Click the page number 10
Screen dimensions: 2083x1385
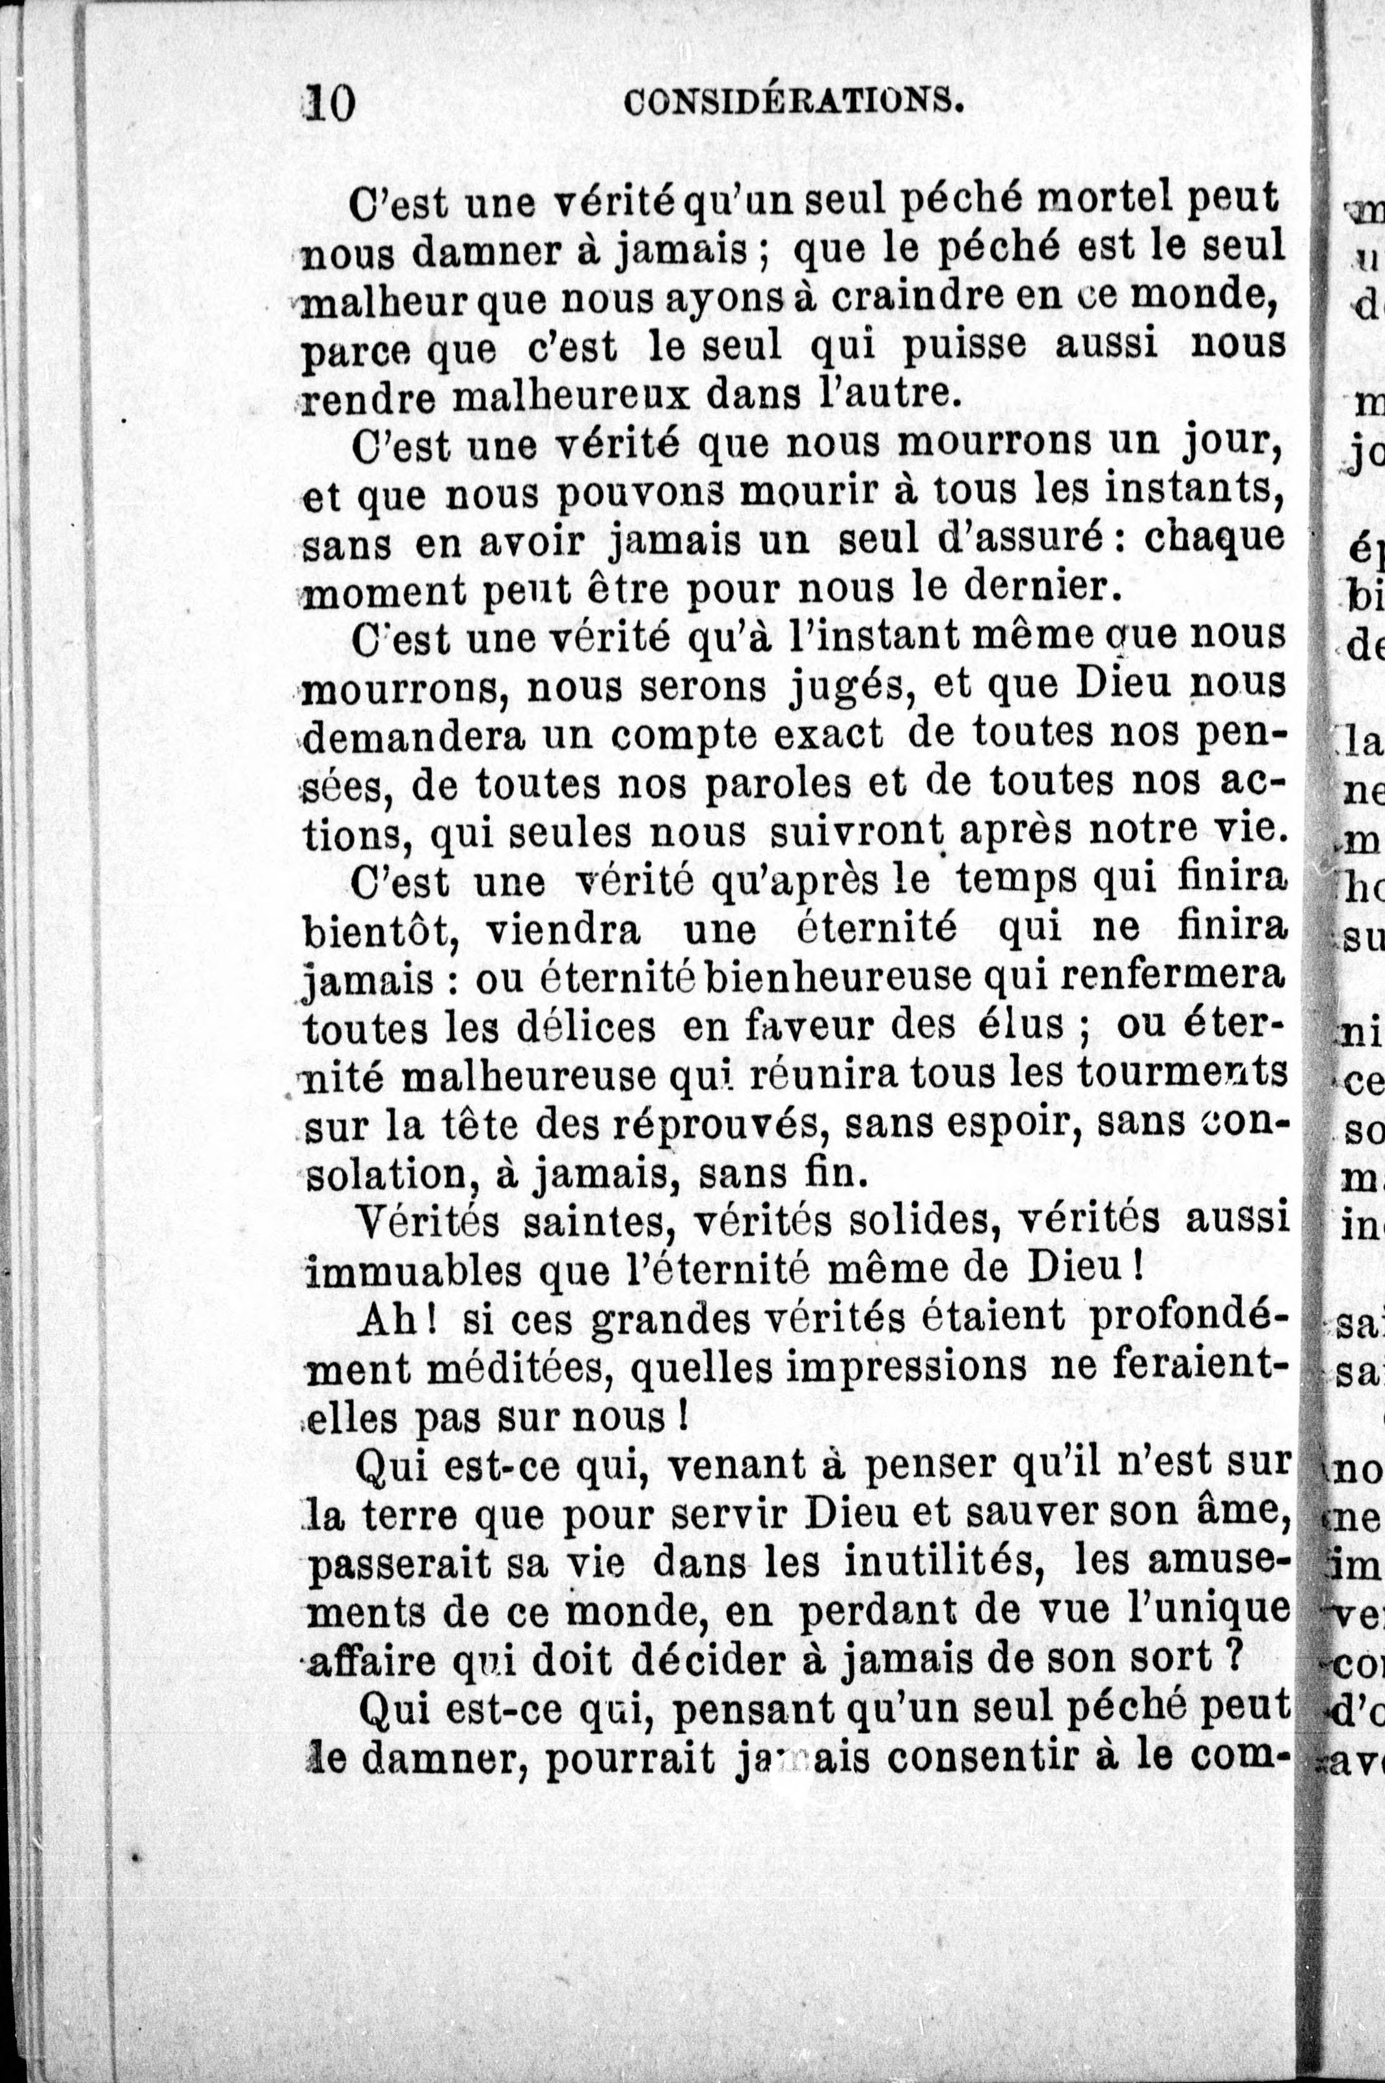tap(328, 104)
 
